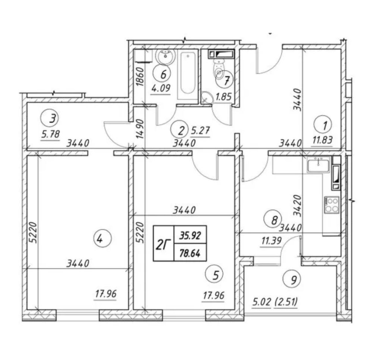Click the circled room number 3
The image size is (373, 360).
tap(52, 118)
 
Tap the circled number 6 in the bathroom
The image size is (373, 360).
tap(163, 74)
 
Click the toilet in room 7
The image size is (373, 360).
tap(219, 68)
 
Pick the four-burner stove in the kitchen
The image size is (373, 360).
tap(331, 205)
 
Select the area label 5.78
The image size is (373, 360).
tap(50, 135)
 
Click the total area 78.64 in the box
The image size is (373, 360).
tap(190, 253)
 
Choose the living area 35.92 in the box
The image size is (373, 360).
tap(190, 236)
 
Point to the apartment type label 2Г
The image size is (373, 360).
tap(164, 244)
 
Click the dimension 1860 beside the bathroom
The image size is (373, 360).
tap(140, 77)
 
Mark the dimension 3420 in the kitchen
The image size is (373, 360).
tap(297, 205)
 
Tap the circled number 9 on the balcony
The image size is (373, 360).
tap(292, 280)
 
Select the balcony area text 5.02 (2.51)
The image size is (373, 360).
tap(275, 302)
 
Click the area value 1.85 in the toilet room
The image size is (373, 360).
tap(223, 97)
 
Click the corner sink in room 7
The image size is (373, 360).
tap(207, 98)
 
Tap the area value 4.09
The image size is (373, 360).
tap(161, 89)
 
